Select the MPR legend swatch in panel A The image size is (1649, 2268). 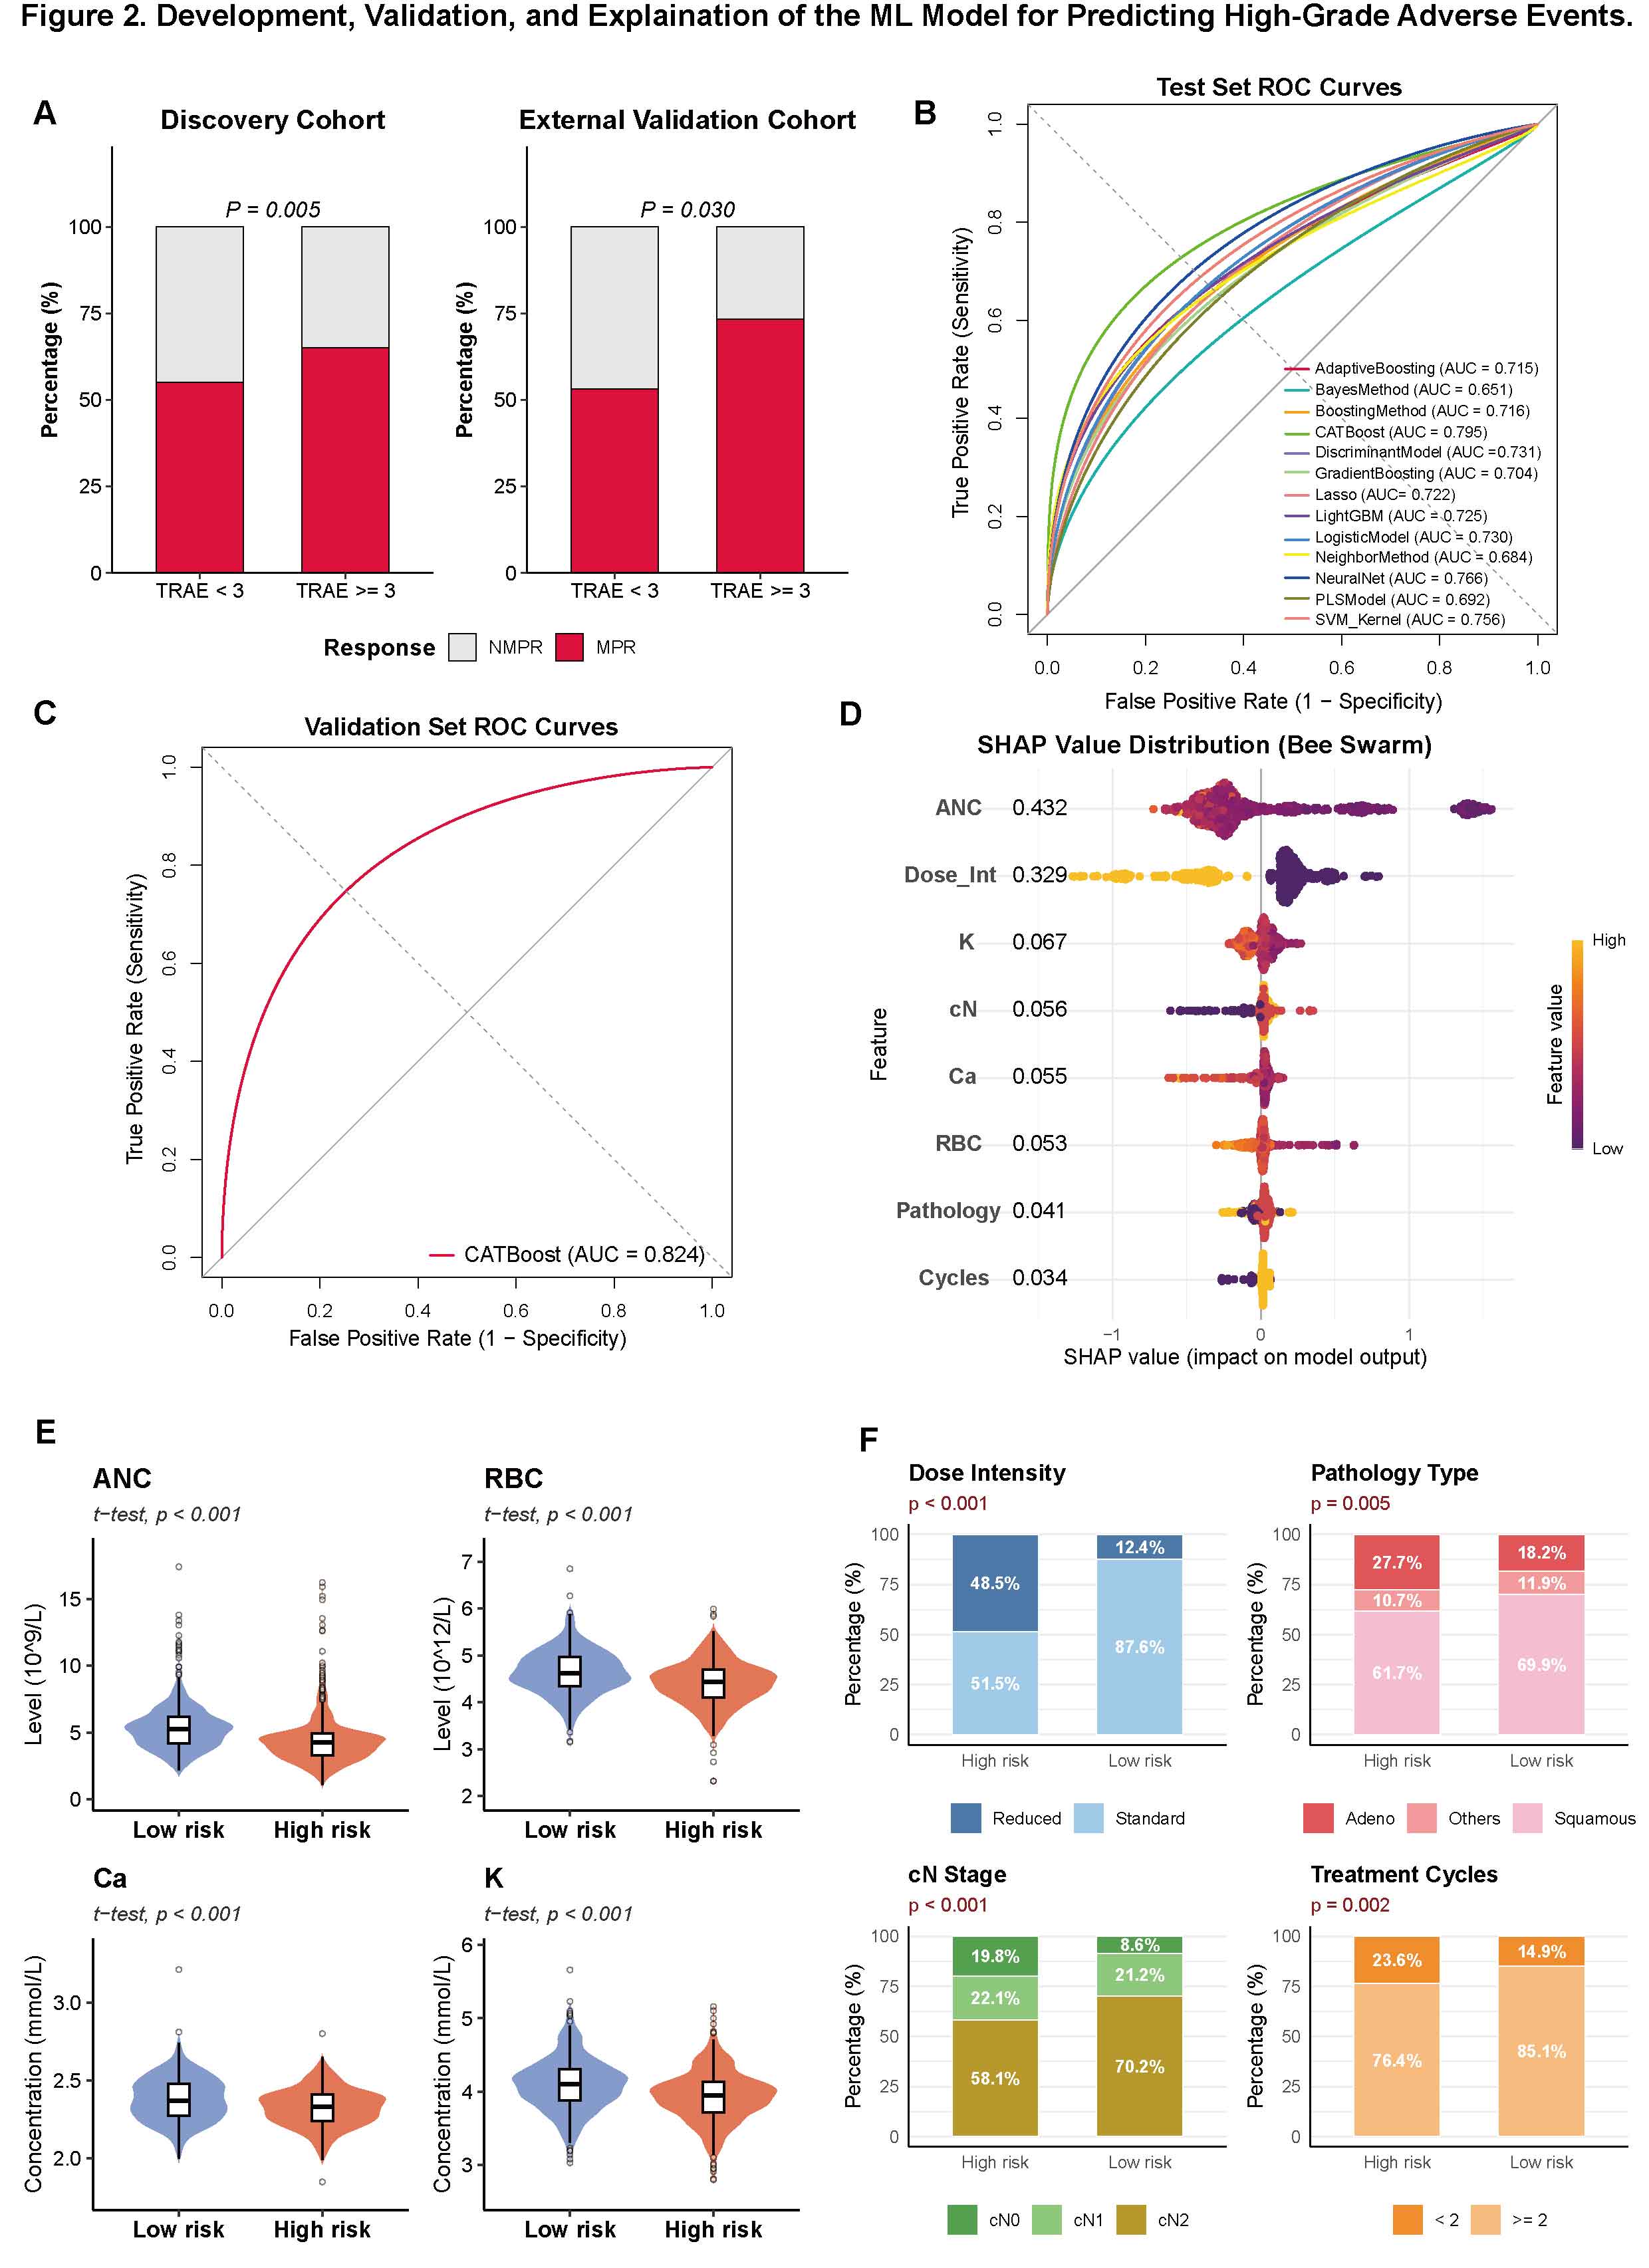click(x=569, y=647)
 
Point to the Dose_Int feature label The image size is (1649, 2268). click(x=950, y=875)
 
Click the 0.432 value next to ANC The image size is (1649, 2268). click(x=1039, y=807)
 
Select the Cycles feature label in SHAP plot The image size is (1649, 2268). click(x=954, y=1278)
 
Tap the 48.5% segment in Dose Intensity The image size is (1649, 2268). click(x=995, y=1583)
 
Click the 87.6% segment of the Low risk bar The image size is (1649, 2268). click(x=1140, y=1646)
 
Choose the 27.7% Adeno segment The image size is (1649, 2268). click(x=1397, y=1562)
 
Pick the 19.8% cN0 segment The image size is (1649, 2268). click(x=995, y=1956)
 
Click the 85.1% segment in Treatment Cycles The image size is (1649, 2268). click(x=1541, y=2051)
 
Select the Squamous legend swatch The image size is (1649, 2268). click(x=1528, y=1818)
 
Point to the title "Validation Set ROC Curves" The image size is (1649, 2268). click(x=461, y=727)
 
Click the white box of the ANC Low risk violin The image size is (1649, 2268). click(x=179, y=1729)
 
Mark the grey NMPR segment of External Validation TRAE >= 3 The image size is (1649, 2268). click(x=760, y=273)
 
